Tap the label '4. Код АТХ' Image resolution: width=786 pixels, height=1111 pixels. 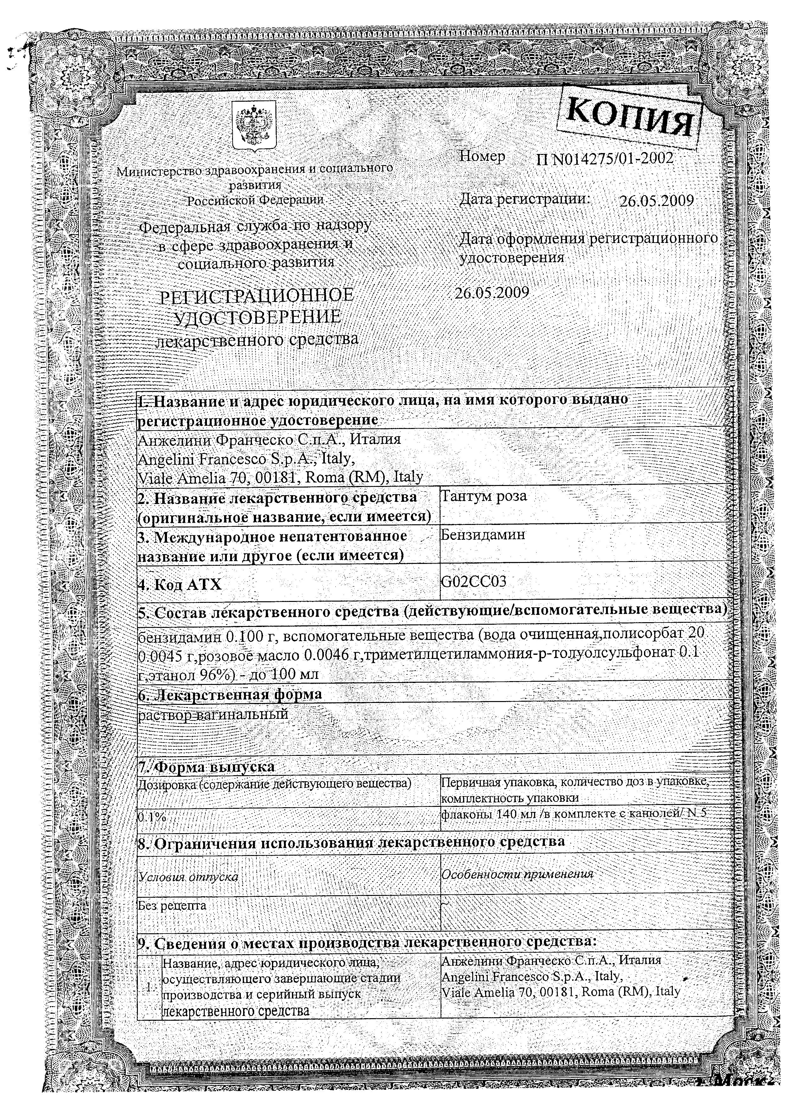click(180, 584)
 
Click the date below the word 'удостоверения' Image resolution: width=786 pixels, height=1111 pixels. click(492, 293)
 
